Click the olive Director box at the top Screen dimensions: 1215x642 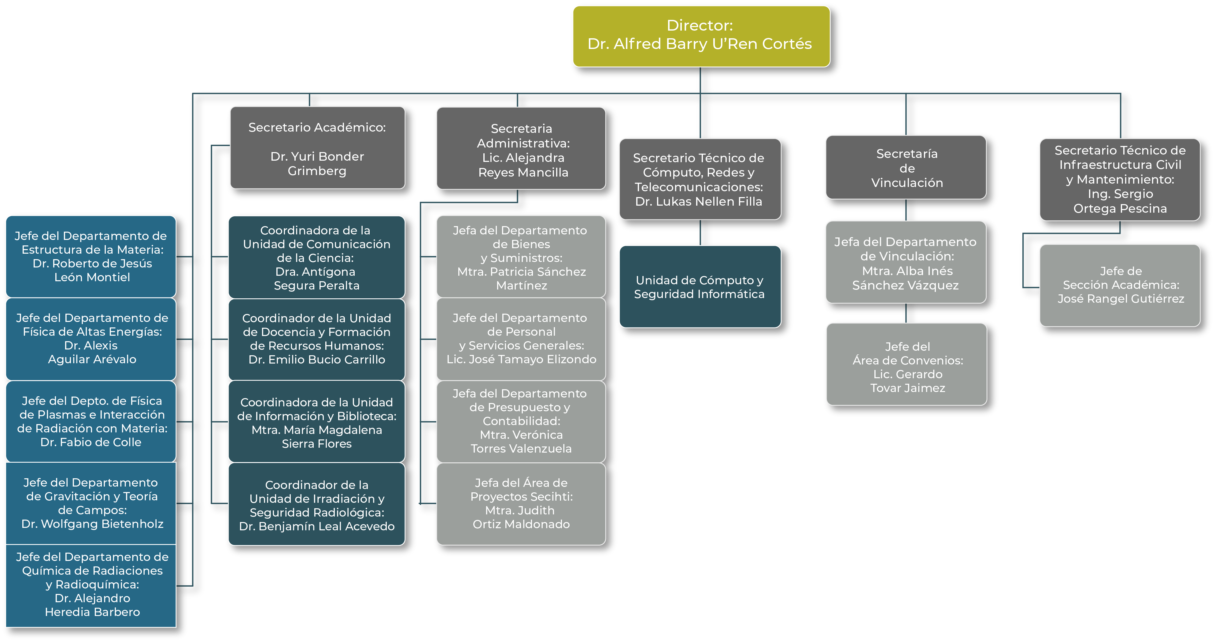701,36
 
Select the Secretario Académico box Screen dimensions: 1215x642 317,148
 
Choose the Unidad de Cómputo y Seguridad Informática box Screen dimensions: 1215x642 700,286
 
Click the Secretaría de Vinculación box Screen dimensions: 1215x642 906,168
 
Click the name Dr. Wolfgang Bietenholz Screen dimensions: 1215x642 92,524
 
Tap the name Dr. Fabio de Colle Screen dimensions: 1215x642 91,442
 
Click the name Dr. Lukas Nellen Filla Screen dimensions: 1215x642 699,202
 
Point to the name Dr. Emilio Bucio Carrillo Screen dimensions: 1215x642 317,360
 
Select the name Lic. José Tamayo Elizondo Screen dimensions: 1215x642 521,359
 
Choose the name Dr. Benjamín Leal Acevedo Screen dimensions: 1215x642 317,526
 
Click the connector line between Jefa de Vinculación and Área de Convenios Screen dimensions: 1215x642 906,313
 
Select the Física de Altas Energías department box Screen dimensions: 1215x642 91,339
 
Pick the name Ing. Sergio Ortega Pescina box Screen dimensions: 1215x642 1120,201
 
